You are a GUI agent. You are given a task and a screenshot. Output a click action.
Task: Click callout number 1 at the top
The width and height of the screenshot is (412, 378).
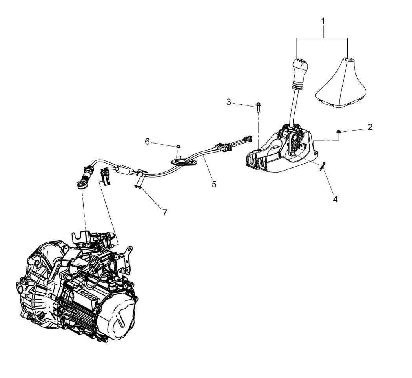click(323, 21)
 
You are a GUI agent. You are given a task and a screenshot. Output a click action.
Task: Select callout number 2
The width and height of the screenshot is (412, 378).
click(370, 127)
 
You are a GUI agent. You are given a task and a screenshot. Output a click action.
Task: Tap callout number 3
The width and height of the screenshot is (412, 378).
click(229, 102)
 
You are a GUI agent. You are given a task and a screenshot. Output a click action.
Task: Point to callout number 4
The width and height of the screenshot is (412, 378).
click(335, 199)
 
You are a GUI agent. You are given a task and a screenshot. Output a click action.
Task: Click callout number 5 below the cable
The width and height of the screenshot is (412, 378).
click(214, 184)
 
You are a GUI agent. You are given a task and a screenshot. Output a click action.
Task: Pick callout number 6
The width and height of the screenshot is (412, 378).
click(148, 142)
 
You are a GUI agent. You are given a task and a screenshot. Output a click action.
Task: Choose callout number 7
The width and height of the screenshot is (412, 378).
click(165, 213)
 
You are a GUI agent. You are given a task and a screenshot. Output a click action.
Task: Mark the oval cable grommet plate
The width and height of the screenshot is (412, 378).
click(184, 162)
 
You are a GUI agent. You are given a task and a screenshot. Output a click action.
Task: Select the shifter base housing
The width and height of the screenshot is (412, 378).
click(280, 150)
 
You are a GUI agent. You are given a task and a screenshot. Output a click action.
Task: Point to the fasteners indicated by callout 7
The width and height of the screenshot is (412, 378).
click(137, 187)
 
